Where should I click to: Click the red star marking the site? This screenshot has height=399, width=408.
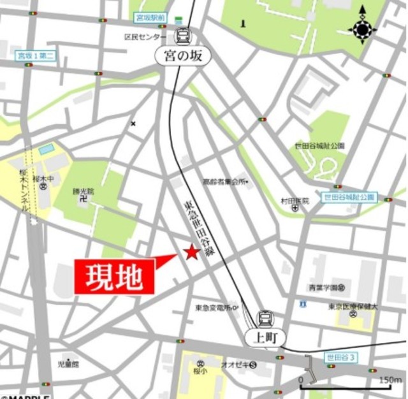coord(191,252)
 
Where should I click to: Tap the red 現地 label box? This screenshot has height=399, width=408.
coord(115,277)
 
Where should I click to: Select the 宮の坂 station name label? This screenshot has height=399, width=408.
coord(182,57)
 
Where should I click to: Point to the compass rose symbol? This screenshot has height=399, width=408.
coord(362,29)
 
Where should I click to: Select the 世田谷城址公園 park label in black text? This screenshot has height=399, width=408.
coord(319,146)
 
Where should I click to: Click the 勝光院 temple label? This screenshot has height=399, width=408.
coord(83,191)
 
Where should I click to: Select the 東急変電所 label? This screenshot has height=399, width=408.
coord(214,308)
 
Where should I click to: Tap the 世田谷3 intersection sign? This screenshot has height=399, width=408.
coord(339,357)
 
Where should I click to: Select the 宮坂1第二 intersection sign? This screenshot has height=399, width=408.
coord(36,56)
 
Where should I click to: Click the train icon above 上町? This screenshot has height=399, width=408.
coord(263,317)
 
